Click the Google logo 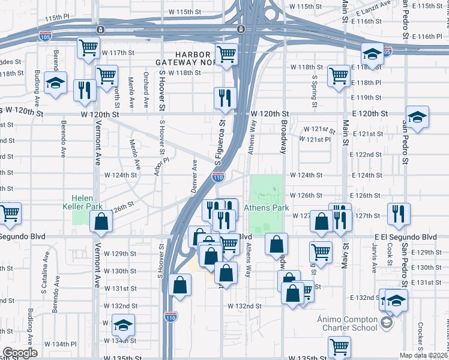pos(20,353)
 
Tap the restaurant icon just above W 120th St pos(225,97)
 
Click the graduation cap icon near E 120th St pos(417,116)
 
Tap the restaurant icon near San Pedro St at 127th pos(399,212)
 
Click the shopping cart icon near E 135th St pos(339,346)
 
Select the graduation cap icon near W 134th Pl pos(123,325)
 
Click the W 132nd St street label pos(244,305)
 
